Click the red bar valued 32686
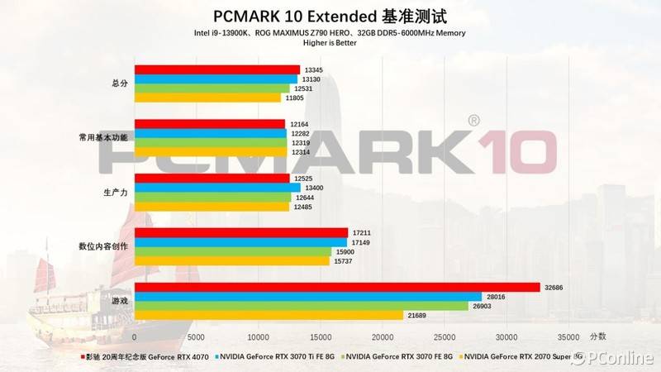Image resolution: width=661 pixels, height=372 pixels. (337, 287)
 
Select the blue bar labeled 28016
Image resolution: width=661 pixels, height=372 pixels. (307, 297)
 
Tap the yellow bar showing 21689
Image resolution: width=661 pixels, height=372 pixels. (269, 315)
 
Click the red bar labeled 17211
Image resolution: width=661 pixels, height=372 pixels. (240, 232)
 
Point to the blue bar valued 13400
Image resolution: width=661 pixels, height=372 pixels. (217, 188)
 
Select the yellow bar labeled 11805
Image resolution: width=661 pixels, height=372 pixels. (207, 98)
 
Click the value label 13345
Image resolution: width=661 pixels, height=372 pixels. (313, 69)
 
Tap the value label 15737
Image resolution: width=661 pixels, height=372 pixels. (341, 261)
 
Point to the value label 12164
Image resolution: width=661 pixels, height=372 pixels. (299, 124)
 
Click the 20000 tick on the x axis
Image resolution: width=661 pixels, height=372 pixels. (382, 337)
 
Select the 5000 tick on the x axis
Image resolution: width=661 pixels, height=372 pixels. (196, 337)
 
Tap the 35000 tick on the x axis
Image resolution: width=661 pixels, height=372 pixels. (568, 337)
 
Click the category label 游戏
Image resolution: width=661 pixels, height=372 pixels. (119, 301)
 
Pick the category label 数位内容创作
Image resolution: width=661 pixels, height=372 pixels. (103, 246)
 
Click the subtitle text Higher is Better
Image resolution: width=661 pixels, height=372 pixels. (330, 43)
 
